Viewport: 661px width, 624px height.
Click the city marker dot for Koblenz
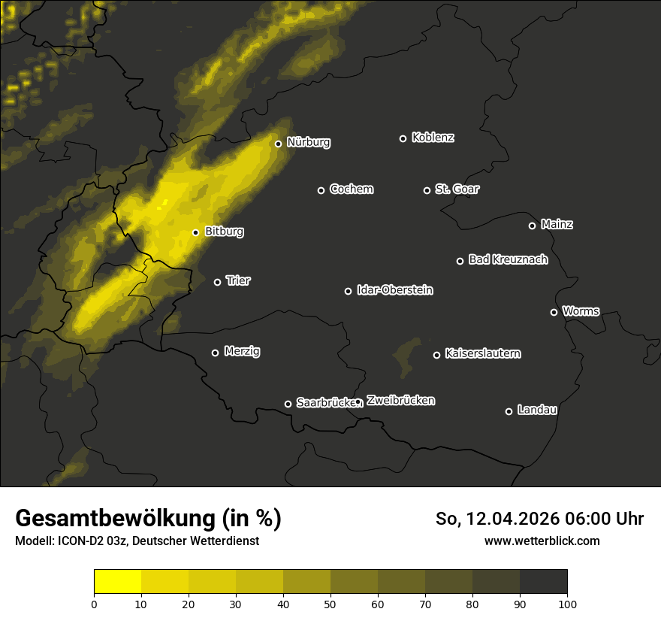403,138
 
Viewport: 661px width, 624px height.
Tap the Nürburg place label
308,142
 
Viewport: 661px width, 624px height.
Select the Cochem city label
351,189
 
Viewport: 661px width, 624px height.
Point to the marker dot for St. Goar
427,190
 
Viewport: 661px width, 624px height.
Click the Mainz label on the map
557,225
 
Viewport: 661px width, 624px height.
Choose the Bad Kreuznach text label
508,260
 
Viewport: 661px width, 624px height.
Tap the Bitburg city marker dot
195,232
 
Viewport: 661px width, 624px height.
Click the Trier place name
238,281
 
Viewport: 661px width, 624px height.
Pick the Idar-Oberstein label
394,290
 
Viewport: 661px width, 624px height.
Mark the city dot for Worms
554,312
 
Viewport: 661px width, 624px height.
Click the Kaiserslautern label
482,353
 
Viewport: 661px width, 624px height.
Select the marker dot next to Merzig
215,353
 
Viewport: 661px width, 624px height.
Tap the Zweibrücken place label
400,401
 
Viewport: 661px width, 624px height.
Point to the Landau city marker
509,411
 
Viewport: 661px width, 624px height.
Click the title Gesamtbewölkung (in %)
148,519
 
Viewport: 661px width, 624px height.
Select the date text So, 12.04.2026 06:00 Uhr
539,519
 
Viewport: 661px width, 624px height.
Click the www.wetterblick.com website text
542,541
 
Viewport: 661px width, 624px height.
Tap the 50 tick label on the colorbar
330,603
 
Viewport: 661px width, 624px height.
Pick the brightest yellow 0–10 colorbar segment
117,582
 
